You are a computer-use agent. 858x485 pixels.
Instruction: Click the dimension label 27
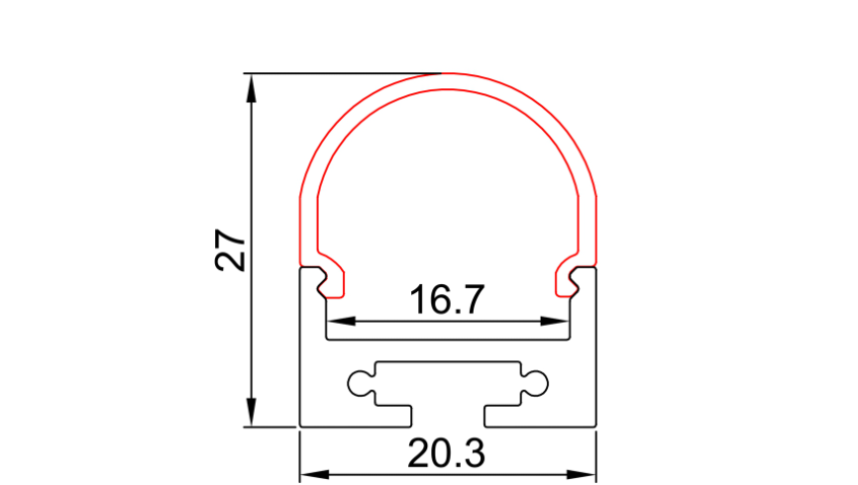tap(231, 249)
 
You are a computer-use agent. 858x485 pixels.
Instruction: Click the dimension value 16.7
tap(447, 300)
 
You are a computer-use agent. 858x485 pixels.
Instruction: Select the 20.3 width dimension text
tap(447, 453)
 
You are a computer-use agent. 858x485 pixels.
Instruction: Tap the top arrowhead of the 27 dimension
tap(252, 88)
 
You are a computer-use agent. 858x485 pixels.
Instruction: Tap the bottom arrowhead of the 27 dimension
tap(252, 412)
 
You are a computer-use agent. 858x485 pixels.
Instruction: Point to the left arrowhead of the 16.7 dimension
tap(341, 321)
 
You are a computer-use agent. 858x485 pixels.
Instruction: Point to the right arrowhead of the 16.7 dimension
tap(554, 321)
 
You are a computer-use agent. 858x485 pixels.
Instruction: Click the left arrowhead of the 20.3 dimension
tap(315, 474)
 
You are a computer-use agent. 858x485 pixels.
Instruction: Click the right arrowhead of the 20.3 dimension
tap(582, 474)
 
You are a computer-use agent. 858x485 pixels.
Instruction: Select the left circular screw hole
tap(360, 383)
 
